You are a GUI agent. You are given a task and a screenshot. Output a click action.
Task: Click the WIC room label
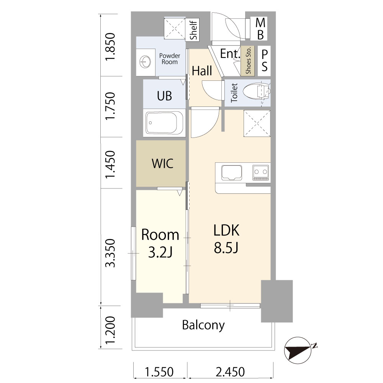tap(162, 164)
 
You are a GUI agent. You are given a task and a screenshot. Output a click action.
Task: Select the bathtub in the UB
tap(164, 123)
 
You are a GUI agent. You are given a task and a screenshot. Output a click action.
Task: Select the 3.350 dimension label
tap(110, 253)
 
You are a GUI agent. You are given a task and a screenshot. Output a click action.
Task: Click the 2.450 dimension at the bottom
tap(230, 372)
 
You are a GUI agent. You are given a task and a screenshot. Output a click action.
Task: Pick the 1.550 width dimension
tap(159, 372)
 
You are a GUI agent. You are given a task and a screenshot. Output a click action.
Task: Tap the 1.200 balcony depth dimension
tap(110, 330)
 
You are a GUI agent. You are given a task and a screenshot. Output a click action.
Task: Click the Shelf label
tap(193, 30)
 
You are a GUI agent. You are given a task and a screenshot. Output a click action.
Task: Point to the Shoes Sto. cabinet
tap(248, 61)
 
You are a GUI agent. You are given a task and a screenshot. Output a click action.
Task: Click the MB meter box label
tap(260, 29)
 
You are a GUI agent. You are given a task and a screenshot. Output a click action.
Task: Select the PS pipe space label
tap(264, 61)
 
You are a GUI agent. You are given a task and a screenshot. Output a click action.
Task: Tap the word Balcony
tap(203, 325)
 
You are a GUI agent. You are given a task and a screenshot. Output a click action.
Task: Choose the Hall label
tap(202, 71)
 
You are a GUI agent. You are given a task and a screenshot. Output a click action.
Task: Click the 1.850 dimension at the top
tap(110, 47)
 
